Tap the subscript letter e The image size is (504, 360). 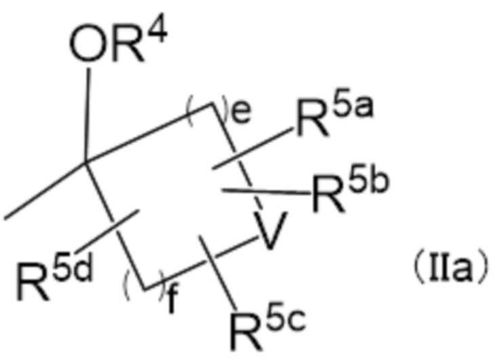click(237, 117)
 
